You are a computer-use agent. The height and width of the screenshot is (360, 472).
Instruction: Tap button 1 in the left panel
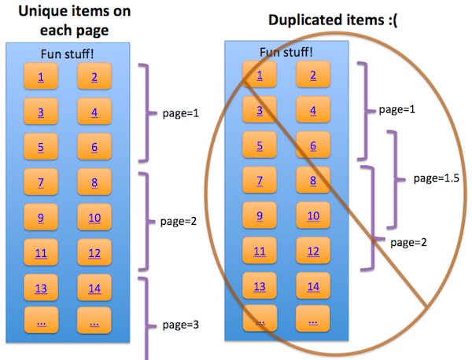[x=41, y=76]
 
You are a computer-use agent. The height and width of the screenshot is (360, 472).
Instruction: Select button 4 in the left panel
[x=94, y=112]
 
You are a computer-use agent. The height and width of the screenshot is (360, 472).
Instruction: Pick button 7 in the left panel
[x=41, y=182]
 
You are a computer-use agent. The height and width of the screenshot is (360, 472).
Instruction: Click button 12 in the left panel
[x=94, y=252]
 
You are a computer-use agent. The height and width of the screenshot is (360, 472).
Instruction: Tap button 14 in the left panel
[x=94, y=288]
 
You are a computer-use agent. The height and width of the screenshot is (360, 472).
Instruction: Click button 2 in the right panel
[x=313, y=75]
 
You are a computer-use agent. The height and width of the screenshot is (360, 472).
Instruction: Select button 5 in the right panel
[x=260, y=145]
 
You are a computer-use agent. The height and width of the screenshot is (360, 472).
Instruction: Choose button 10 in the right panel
[x=313, y=215]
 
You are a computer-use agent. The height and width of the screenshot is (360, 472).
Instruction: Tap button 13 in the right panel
[x=260, y=286]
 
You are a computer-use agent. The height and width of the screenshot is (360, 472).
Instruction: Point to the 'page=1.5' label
[x=435, y=178]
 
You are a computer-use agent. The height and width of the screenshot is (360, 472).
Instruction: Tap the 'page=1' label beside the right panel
[x=396, y=109]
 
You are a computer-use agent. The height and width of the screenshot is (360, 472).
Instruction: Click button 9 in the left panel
[x=41, y=218]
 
